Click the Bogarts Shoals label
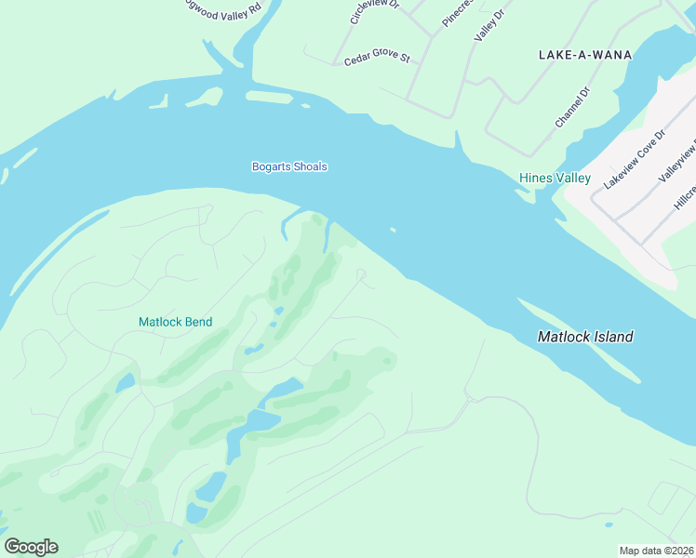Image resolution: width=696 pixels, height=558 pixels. pyautogui.click(x=289, y=166)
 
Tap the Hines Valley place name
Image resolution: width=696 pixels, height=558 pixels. pyautogui.click(x=555, y=178)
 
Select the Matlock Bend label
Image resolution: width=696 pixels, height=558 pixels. pyautogui.click(x=175, y=322)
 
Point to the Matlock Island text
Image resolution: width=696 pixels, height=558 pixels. pyautogui.click(x=585, y=337)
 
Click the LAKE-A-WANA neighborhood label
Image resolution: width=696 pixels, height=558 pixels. pyautogui.click(x=585, y=55)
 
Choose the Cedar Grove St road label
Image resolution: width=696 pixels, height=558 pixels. pyautogui.click(x=377, y=59)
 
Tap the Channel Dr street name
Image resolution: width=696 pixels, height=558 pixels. pyautogui.click(x=572, y=108)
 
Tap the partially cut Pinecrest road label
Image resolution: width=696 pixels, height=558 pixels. pyautogui.click(x=458, y=13)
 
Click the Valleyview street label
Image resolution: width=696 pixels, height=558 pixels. pyautogui.click(x=677, y=165)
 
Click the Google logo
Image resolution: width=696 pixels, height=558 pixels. pyautogui.click(x=31, y=547)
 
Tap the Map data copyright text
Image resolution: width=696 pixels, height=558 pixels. pyautogui.click(x=656, y=551)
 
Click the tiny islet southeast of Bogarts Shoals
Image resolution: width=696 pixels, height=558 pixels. pyautogui.click(x=394, y=230)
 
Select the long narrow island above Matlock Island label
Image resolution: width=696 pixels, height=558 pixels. pyautogui.click(x=577, y=339)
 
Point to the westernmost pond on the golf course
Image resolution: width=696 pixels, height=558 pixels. pyautogui.click(x=126, y=383)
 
